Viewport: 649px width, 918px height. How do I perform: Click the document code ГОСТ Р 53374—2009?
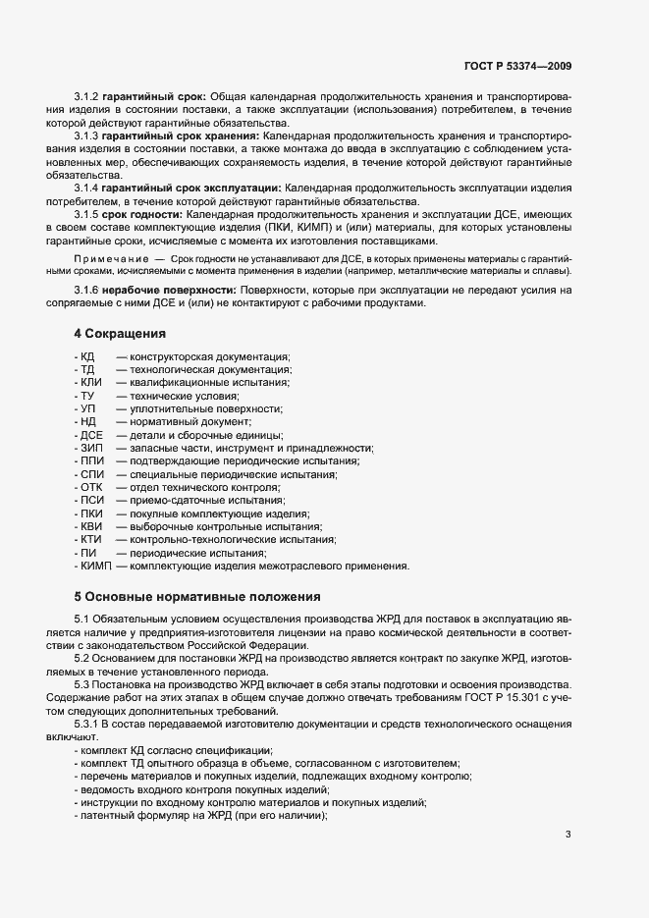(x=517, y=67)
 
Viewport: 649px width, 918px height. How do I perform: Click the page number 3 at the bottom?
(x=568, y=835)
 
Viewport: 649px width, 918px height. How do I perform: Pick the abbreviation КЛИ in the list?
(x=90, y=382)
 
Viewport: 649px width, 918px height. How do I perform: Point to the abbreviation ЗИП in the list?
(x=91, y=448)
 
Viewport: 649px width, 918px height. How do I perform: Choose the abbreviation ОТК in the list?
(x=91, y=487)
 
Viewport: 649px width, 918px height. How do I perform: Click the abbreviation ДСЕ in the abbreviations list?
(x=92, y=435)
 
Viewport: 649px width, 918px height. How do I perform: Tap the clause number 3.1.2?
(x=87, y=97)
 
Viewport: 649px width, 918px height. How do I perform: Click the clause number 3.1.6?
(x=87, y=291)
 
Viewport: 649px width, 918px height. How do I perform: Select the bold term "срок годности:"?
(x=142, y=213)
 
